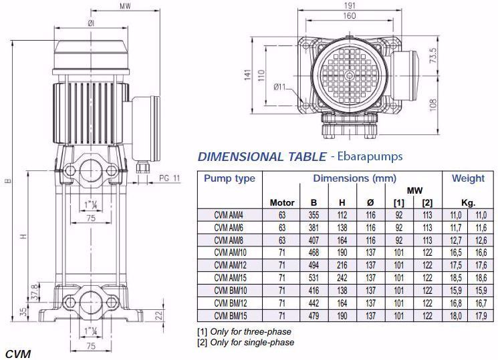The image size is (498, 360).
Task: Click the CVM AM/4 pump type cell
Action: point(229,215)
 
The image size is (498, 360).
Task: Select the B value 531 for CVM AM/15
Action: point(314,278)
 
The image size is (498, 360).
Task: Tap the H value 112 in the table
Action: point(342,215)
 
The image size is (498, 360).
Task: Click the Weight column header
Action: point(468,178)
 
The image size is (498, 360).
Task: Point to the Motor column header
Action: point(282,202)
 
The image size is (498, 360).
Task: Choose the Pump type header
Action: point(229,178)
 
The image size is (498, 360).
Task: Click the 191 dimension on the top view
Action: point(350,5)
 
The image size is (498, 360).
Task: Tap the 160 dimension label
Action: point(350,15)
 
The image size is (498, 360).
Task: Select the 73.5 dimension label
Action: point(433,55)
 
